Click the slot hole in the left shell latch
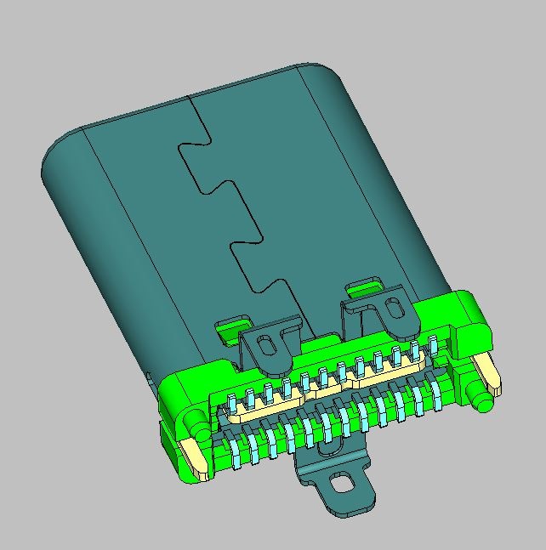pyautogui.click(x=266, y=345)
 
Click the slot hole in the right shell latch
pyautogui.click(x=395, y=307)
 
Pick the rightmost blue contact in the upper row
pyautogui.click(x=432, y=345)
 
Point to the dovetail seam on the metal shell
pyautogui.click(x=230, y=204)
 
